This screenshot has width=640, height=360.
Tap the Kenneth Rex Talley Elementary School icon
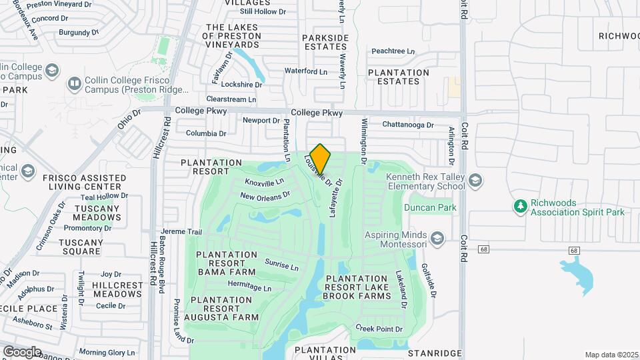(475, 181)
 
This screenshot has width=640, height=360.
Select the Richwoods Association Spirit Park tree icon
(520, 207)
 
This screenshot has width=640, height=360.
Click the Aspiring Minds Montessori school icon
(437, 239)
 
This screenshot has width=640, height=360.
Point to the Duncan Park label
(429, 208)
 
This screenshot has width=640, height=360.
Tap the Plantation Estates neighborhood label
(399, 77)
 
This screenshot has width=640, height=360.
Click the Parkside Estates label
(325, 42)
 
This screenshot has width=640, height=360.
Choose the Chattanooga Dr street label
(408, 125)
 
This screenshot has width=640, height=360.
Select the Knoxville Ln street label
(264, 182)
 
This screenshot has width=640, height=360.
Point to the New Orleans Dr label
(265, 196)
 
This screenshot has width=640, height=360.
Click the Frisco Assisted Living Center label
(84, 182)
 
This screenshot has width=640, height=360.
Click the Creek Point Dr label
(379, 329)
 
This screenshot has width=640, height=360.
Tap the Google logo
(21, 351)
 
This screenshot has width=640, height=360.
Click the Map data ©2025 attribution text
(611, 355)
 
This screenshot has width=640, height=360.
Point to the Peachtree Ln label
(393, 51)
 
